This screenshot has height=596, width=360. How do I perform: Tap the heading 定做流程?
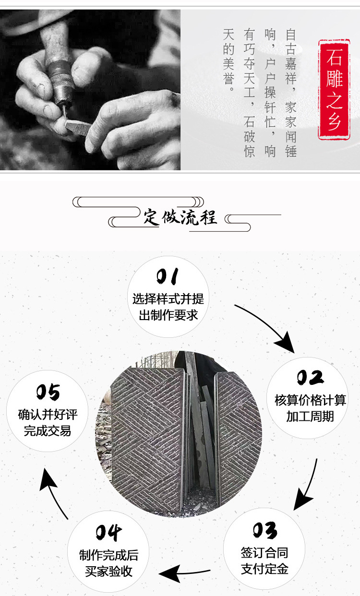click(x=180, y=217)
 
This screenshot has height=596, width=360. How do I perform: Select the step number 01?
click(x=168, y=276)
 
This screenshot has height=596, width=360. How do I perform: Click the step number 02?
click(x=310, y=377)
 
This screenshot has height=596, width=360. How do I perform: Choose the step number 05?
click(x=48, y=392)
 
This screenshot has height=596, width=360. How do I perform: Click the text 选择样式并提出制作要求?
click(x=168, y=307)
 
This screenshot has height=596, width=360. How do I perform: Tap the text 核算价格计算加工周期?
click(x=310, y=408)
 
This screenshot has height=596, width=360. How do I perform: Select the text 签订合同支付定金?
click(x=264, y=561)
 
